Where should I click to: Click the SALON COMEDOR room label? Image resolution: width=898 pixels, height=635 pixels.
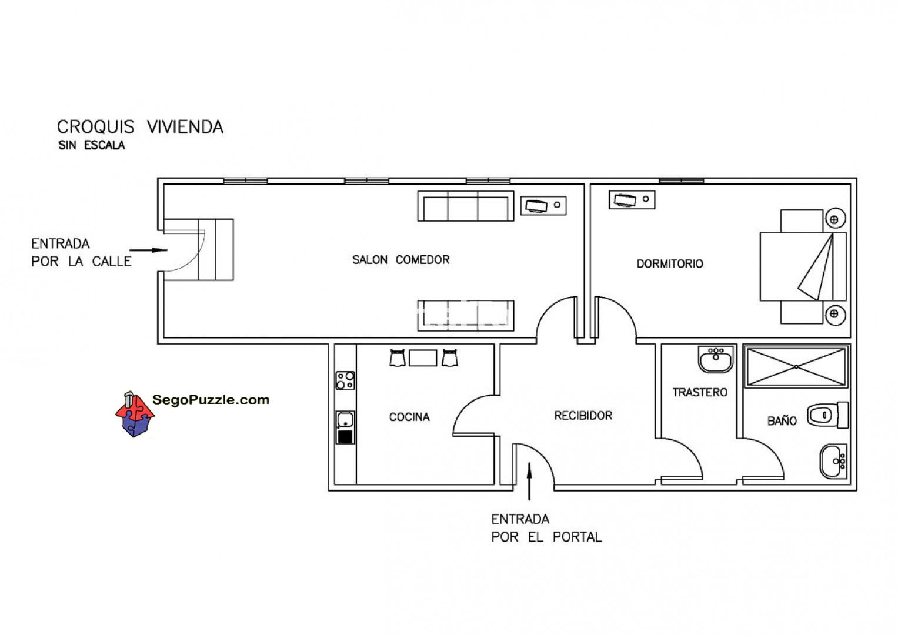pyautogui.click(x=401, y=260)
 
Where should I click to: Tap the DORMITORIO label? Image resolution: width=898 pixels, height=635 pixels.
pyautogui.click(x=670, y=264)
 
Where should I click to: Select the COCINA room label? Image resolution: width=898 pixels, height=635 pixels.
pyautogui.click(x=409, y=417)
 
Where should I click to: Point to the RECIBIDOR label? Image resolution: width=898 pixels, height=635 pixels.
pyautogui.click(x=583, y=416)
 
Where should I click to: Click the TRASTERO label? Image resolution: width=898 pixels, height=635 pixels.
pyautogui.click(x=700, y=393)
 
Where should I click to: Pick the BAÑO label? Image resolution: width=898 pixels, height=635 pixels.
pyautogui.click(x=782, y=420)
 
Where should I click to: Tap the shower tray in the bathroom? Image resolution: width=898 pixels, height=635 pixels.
pyautogui.click(x=796, y=367)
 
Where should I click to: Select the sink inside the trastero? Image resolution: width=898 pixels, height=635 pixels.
pyautogui.click(x=716, y=359)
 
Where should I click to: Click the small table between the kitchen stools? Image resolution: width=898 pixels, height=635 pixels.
pyautogui.click(x=423, y=358)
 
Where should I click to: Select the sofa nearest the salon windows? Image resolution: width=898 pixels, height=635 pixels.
pyautogui.click(x=466, y=206)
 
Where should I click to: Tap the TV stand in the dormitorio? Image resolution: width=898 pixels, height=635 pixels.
pyautogui.click(x=632, y=200)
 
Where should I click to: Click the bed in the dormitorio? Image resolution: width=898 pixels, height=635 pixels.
pyautogui.click(x=803, y=266)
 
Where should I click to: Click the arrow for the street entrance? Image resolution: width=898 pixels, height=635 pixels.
pyautogui.click(x=148, y=250)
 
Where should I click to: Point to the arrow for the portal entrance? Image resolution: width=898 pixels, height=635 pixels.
pyautogui.click(x=529, y=482)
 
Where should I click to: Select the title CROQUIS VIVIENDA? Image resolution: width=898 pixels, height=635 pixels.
pyautogui.click(x=140, y=127)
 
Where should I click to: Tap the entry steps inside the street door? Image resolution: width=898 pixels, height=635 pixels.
pyautogui.click(x=216, y=249)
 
